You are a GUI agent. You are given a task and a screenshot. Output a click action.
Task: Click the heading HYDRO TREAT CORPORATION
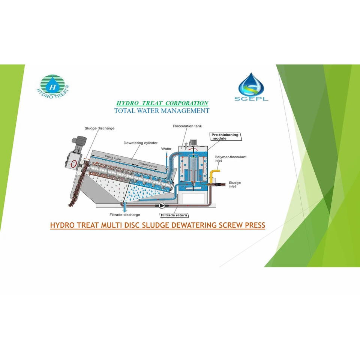pos(162,103)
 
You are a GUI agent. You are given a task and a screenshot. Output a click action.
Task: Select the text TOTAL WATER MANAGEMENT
pos(162,111)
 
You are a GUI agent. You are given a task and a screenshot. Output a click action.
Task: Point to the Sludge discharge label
pos(99,128)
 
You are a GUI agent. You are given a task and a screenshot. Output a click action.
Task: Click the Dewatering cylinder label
pos(140,143)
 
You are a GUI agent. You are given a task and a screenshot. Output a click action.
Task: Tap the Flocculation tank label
pos(187,126)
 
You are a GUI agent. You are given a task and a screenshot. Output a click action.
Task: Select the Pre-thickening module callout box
pos(225,136)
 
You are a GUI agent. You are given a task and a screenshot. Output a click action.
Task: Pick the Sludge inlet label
pos(235,184)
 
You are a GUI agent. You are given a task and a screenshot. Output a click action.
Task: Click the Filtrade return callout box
pos(174,215)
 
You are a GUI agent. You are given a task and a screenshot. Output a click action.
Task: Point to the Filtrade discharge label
pos(124,214)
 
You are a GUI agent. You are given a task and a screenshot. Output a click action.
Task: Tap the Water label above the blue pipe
pos(166,149)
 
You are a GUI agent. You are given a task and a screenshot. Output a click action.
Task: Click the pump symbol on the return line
pos(162,205)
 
